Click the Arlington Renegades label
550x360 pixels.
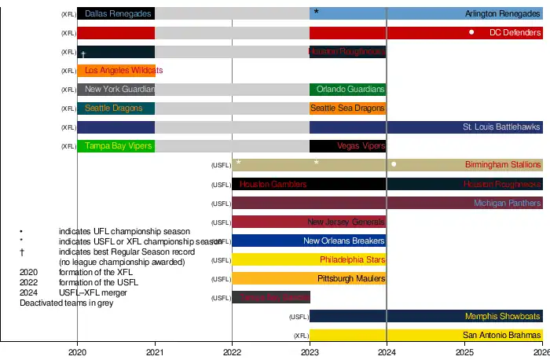[502, 14]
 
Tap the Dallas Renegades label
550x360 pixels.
[117, 14]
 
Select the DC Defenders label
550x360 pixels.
[515, 33]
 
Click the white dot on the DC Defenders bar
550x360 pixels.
[471, 32]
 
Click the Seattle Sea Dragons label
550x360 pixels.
[347, 108]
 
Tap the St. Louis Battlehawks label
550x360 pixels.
[501, 127]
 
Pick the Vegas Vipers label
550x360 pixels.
[361, 146]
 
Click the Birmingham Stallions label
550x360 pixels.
[503, 165]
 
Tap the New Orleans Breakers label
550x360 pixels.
[344, 241]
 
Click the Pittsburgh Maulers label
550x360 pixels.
[351, 279]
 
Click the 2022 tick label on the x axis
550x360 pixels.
[232, 352]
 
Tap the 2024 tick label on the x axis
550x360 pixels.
[387, 352]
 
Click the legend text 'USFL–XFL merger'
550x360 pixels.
[93, 293]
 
